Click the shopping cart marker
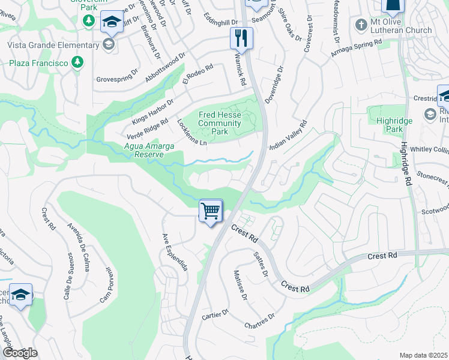tap(211, 211)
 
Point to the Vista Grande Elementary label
tap(54, 45)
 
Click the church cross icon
tap(361, 25)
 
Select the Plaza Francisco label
tap(37, 62)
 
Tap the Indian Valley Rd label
tap(289, 136)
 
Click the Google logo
tap(20, 353)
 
